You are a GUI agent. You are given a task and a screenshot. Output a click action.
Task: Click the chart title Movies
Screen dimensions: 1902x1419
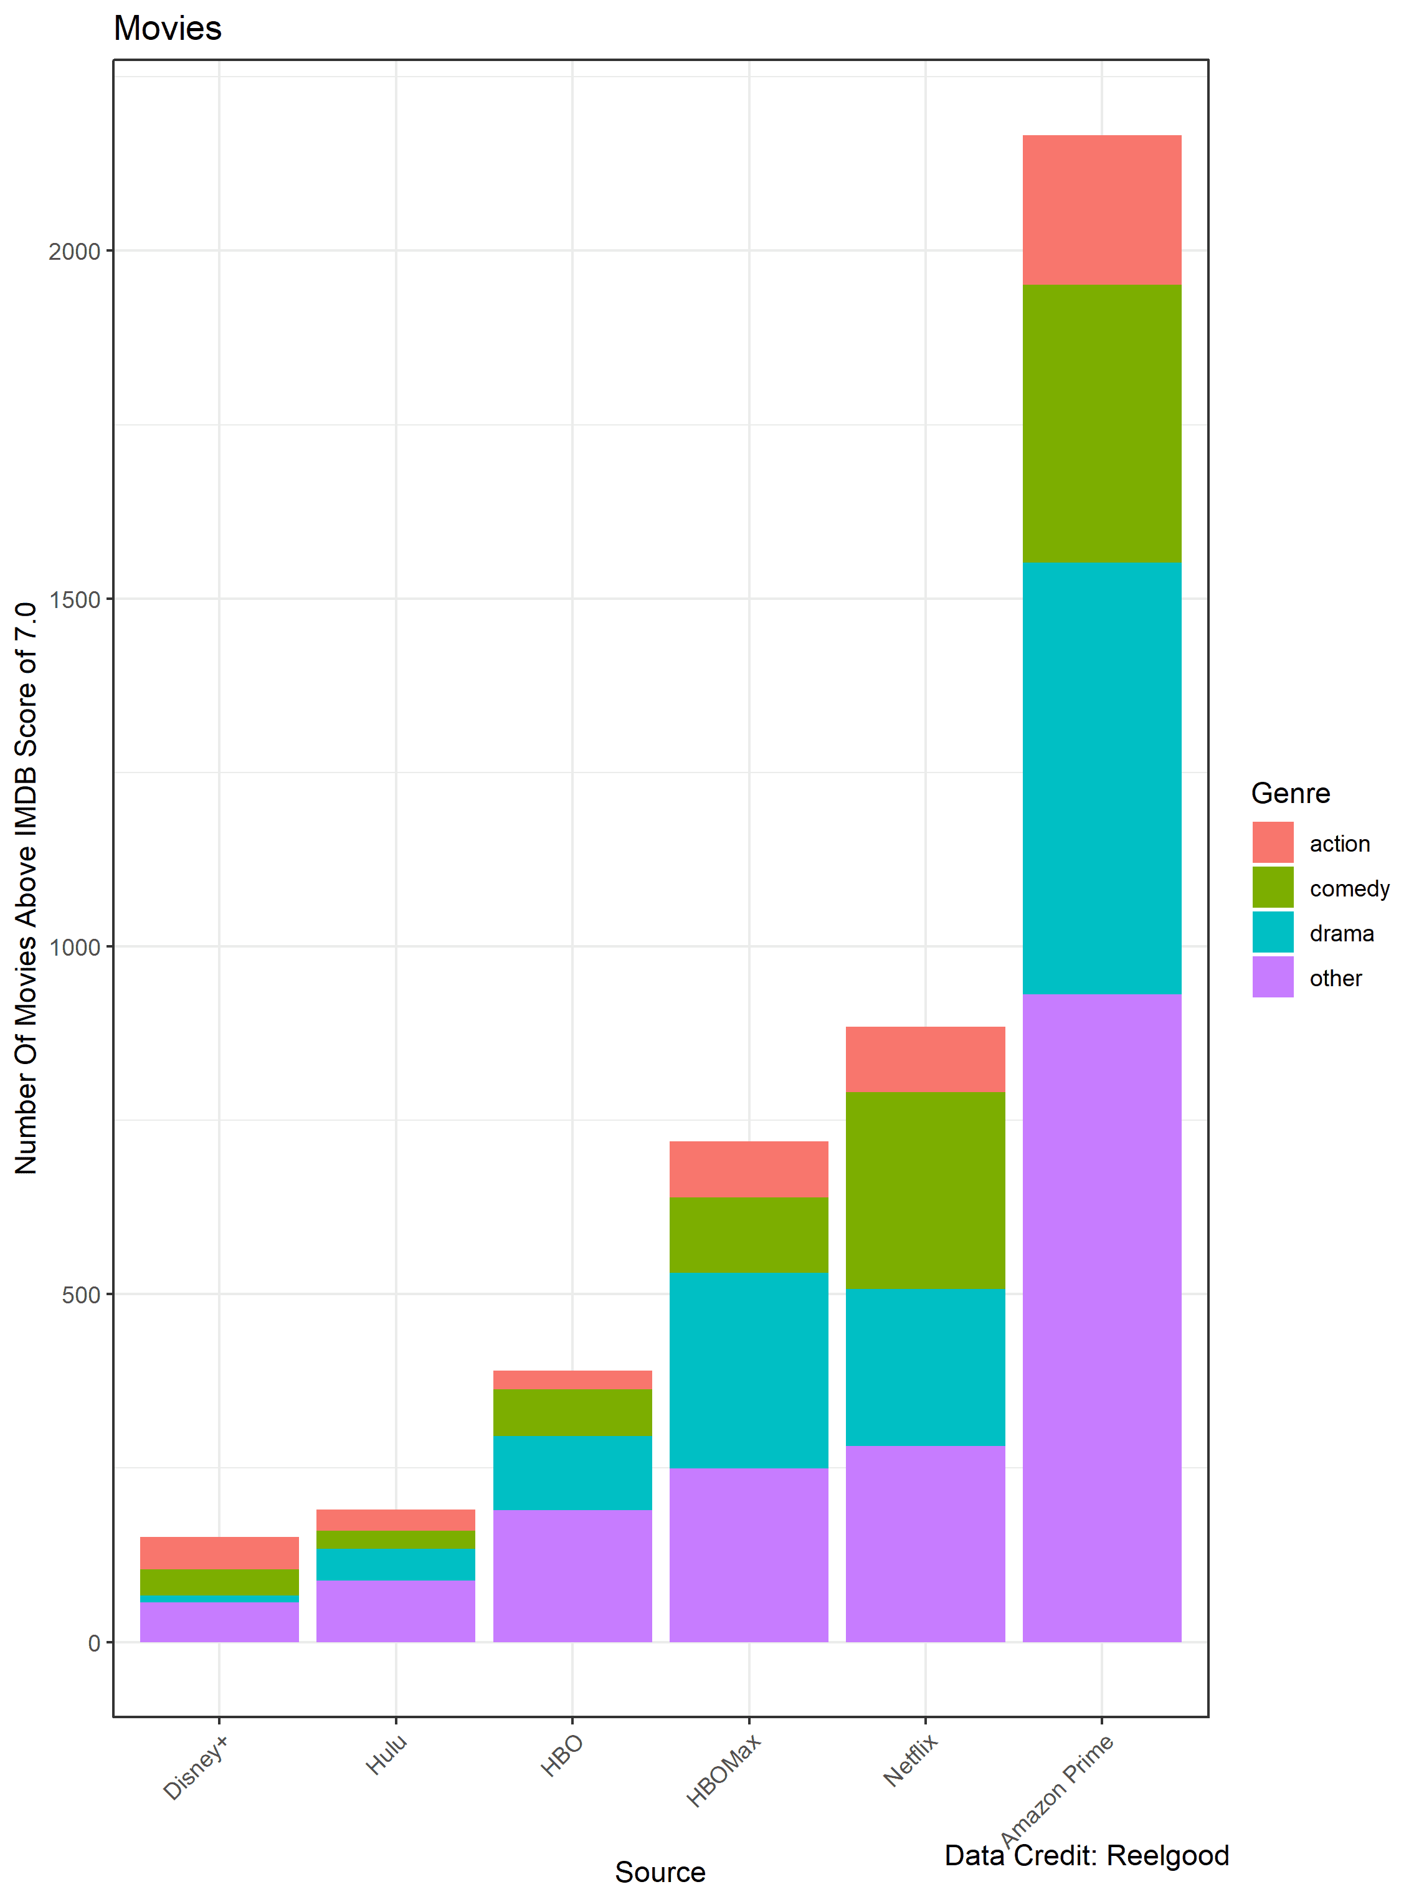[x=168, y=29]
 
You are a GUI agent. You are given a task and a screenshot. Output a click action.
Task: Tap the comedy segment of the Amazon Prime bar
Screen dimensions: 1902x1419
[x=1101, y=424]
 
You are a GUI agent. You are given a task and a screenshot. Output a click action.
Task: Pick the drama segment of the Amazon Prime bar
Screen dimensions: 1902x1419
[x=1101, y=778]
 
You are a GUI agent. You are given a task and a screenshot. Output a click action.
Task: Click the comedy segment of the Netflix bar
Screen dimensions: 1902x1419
[x=925, y=1191]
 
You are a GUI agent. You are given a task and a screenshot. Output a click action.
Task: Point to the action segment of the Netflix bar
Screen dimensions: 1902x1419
[x=925, y=1059]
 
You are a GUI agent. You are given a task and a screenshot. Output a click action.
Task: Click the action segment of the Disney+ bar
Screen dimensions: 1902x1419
[x=219, y=1553]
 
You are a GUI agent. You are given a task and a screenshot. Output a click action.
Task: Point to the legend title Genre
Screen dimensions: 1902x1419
[x=1290, y=793]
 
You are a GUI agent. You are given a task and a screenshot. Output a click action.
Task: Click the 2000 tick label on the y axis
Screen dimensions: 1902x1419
[x=75, y=252]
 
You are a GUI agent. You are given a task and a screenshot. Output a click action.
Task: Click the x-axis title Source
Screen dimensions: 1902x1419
[x=660, y=1872]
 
